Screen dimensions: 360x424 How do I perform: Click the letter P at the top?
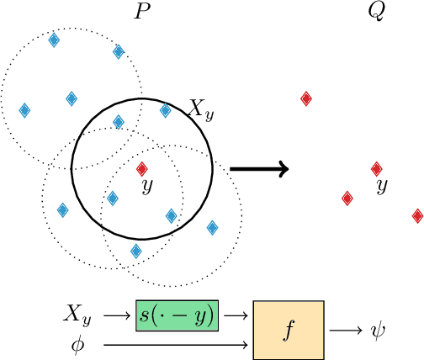pyautogui.click(x=142, y=13)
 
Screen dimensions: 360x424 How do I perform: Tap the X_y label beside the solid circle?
pyautogui.click(x=200, y=109)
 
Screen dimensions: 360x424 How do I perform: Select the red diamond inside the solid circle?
pyautogui.click(x=141, y=167)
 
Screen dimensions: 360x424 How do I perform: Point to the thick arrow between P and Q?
pyautogui.click(x=259, y=168)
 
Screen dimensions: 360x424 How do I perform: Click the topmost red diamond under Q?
pyautogui.click(x=306, y=98)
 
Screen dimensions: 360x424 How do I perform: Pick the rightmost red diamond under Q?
pyautogui.click(x=417, y=216)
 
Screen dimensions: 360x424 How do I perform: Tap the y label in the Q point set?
pyautogui.click(x=382, y=186)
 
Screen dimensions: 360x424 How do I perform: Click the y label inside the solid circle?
pyautogui.click(x=147, y=186)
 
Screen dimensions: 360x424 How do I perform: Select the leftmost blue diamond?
pyautogui.click(x=24, y=110)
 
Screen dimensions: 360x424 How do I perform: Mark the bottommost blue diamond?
pyautogui.click(x=135, y=251)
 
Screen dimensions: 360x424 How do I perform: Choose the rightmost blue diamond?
pyautogui.click(x=212, y=227)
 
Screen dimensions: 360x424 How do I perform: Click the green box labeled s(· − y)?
pyautogui.click(x=177, y=315)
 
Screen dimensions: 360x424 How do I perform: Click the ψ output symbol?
pyautogui.click(x=376, y=330)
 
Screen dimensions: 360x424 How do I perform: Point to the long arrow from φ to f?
pyautogui.click(x=177, y=344)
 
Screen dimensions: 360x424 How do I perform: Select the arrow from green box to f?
pyautogui.click(x=236, y=315)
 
